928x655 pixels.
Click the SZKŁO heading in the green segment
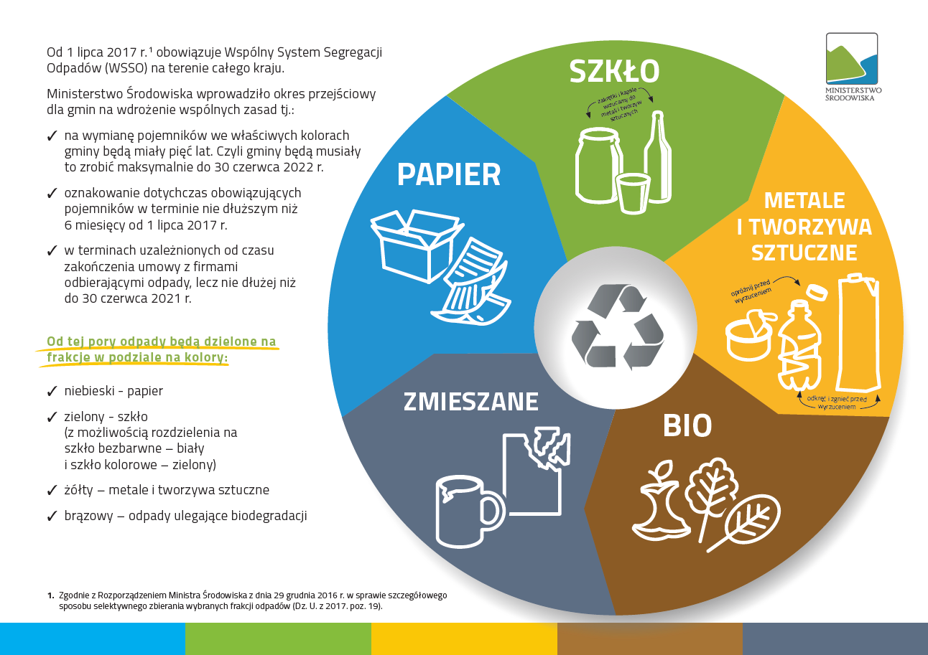[x=614, y=71]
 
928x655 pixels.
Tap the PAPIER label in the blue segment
[x=449, y=174]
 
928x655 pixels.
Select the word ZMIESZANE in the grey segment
[x=471, y=401]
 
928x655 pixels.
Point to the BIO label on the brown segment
[x=687, y=425]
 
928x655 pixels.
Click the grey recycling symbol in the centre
[x=617, y=327]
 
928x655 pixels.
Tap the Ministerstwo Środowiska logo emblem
[x=852, y=59]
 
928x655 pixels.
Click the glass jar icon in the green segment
[x=598, y=166]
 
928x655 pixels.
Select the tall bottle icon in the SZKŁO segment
[x=658, y=156]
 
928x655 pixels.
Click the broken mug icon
[x=470, y=512]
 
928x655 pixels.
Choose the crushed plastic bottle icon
[x=799, y=346]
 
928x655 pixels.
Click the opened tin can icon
[x=749, y=336]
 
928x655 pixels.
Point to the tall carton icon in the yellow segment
[x=859, y=332]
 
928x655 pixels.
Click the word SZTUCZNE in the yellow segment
[x=804, y=253]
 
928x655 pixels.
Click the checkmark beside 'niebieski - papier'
[x=52, y=391]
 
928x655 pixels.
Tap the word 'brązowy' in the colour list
[x=88, y=516]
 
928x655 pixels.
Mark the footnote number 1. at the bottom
[x=50, y=596]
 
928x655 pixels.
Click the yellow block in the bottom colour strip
[x=464, y=639]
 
